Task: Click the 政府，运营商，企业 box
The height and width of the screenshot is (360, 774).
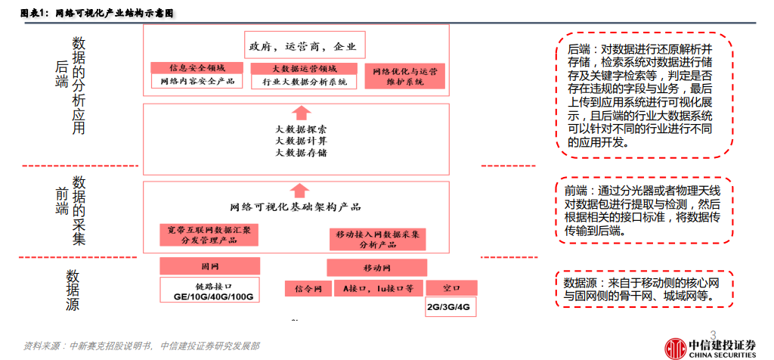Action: (302, 47)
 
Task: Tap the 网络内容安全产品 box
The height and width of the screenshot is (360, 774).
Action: (197, 81)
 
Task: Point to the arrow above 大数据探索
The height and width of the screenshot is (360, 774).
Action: (299, 113)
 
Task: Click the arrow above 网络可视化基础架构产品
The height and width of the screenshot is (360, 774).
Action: (299, 191)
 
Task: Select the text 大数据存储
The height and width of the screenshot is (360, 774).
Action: (301, 153)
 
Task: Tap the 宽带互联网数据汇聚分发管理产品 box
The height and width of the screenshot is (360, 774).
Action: (209, 234)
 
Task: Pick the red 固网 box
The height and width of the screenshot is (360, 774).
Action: (210, 267)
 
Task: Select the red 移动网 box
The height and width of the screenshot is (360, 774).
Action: (376, 268)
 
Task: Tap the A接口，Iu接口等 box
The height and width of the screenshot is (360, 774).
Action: (378, 288)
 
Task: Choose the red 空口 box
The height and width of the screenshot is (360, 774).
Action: (452, 288)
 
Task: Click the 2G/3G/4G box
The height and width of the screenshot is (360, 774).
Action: (452, 306)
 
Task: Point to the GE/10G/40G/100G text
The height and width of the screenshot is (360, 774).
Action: (210, 296)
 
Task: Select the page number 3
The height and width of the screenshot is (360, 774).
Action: (713, 334)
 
